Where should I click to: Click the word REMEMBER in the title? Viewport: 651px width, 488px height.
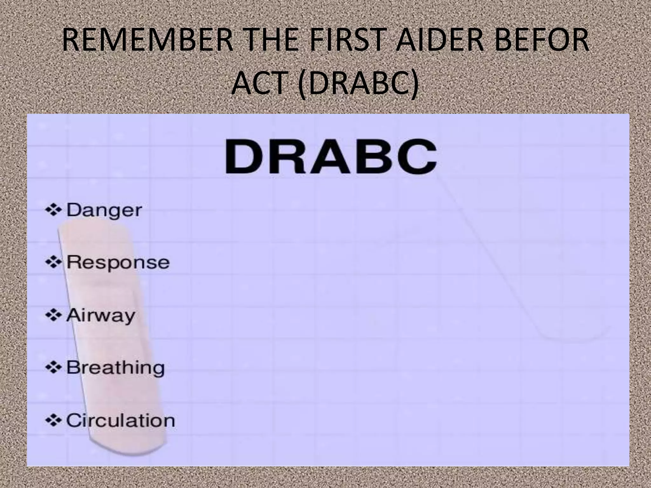point(148,40)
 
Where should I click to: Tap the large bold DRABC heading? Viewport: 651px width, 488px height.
point(331,157)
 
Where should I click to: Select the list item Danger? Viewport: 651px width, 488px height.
point(104,210)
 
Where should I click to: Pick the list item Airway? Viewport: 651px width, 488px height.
point(100,316)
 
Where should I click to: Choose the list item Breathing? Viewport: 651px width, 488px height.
point(115,368)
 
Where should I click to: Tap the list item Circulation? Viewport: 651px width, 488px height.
point(120,421)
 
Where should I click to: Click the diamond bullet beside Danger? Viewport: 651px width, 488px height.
point(53,210)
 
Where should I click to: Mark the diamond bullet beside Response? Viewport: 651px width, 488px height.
point(53,262)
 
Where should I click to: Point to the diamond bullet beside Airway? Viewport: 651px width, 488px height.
point(53,315)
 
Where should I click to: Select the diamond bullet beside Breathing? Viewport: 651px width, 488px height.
point(53,368)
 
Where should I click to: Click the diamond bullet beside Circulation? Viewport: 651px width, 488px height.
point(53,420)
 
